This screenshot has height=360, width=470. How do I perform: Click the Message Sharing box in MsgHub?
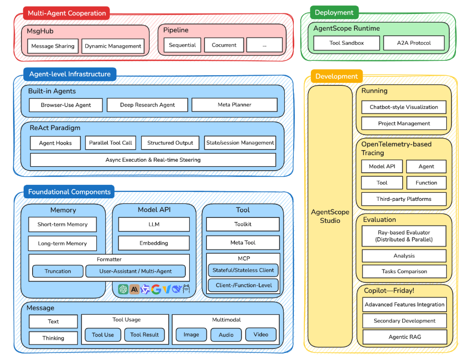click(53, 46)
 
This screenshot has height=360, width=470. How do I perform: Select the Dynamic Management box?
click(113, 46)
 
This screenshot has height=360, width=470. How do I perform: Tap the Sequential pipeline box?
click(182, 45)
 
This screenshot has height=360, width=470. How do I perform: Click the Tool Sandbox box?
click(346, 43)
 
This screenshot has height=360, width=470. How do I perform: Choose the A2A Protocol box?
click(414, 43)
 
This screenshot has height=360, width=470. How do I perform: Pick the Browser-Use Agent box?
click(66, 105)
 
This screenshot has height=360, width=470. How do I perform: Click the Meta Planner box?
click(234, 105)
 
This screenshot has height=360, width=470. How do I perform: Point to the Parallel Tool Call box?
click(110, 143)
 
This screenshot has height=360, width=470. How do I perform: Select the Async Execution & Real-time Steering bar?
click(153, 160)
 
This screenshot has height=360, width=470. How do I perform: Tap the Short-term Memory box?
click(62, 224)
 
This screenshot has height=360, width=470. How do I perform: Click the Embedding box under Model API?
click(154, 243)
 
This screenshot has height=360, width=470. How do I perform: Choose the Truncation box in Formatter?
click(58, 271)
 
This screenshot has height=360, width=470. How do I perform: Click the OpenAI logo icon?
click(124, 289)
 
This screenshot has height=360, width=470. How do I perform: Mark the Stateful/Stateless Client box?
click(243, 270)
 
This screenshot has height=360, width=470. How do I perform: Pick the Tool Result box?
click(145, 335)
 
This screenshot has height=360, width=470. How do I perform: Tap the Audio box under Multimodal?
click(226, 335)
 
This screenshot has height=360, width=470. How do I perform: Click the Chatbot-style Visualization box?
click(404, 107)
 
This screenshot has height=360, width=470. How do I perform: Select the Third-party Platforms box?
click(404, 199)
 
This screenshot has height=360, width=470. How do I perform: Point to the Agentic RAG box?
click(404, 337)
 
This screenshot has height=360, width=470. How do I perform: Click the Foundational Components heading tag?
click(69, 192)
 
